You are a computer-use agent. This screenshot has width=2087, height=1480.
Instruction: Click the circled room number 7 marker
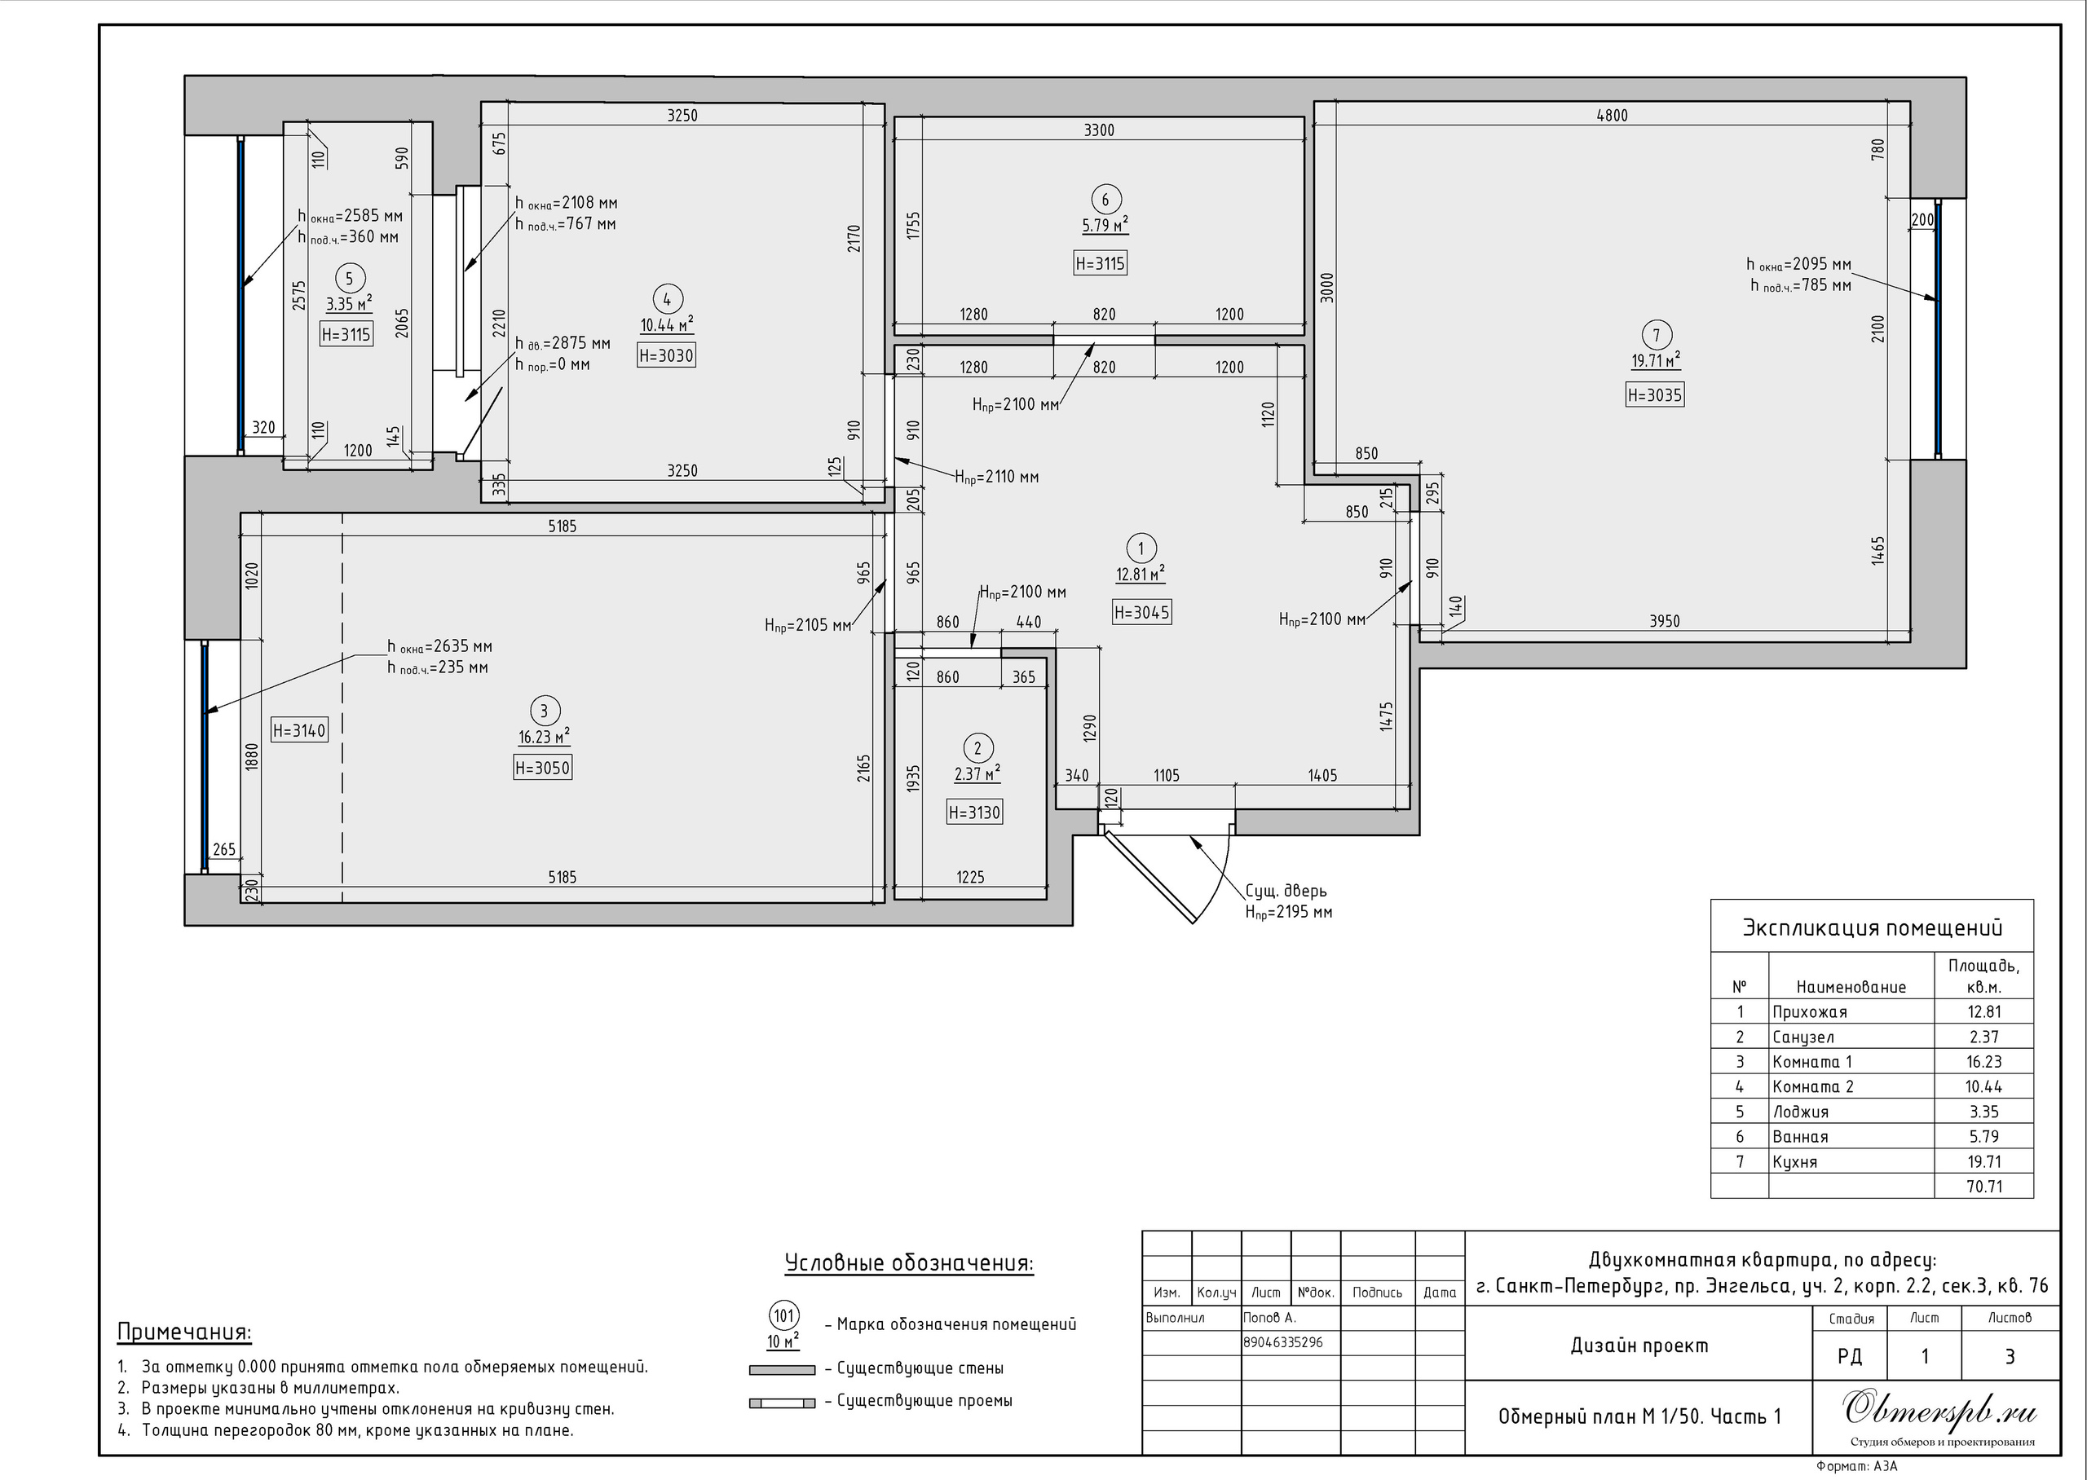pyautogui.click(x=1656, y=333)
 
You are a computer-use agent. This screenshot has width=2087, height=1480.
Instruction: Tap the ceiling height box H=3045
pyautogui.click(x=1142, y=612)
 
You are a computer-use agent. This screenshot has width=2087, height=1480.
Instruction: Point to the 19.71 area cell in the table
pyautogui.click(x=1984, y=1161)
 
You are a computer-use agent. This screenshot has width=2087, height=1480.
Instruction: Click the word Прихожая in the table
pyautogui.click(x=1810, y=1011)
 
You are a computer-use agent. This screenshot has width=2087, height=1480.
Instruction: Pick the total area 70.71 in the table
pyautogui.click(x=1984, y=1187)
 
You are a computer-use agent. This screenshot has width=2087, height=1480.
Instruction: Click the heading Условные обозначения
pyautogui.click(x=910, y=1264)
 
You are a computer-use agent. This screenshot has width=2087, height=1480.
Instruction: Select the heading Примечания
pyautogui.click(x=184, y=1332)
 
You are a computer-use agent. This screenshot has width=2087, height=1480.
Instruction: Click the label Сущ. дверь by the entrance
pyautogui.click(x=1286, y=892)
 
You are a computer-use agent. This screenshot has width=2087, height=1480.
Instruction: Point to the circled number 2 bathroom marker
pyautogui.click(x=978, y=749)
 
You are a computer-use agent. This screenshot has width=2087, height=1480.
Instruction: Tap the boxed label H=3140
pyautogui.click(x=299, y=730)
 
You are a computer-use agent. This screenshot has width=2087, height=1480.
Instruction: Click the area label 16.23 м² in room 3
pyautogui.click(x=544, y=737)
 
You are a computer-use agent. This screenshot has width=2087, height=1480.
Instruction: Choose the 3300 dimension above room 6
pyautogui.click(x=1099, y=130)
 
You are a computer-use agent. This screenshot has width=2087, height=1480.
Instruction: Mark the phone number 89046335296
pyautogui.click(x=1283, y=1342)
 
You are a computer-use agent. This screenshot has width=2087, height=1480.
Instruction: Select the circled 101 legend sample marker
pyautogui.click(x=783, y=1316)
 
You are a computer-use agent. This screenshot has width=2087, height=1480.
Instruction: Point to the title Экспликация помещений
pyautogui.click(x=1873, y=928)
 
